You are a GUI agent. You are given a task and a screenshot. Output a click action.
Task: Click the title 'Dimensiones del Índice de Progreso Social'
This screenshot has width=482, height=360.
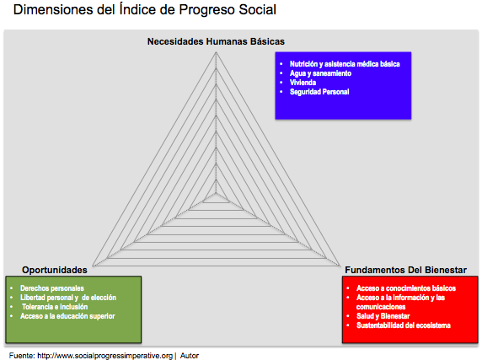coord(145,10)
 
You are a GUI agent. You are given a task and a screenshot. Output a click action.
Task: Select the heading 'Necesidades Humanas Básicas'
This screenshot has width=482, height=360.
coord(216,41)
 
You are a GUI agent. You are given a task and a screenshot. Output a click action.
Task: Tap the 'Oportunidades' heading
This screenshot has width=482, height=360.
coord(55,270)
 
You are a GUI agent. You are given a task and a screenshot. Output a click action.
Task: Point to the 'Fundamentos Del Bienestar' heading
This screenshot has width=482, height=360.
coord(406,270)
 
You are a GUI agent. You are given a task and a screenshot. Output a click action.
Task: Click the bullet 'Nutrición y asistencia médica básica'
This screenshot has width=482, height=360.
coord(345,64)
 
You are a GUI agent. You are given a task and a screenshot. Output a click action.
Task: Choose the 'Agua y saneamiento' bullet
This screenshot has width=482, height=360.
coord(320,73)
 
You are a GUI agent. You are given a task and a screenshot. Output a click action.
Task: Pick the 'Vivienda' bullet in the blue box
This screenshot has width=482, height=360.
coord(303,83)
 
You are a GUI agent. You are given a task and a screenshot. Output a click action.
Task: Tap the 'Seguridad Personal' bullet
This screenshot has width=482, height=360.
coord(319,92)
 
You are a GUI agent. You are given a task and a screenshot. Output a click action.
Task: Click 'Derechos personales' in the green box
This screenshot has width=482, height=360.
coord(52,288)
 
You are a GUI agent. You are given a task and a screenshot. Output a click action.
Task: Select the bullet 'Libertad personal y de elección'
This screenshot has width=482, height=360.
coord(68,298)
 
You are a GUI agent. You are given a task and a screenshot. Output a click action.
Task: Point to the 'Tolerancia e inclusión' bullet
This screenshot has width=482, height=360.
coord(55,307)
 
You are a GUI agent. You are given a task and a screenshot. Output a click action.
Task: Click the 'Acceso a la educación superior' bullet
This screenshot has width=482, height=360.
coord(67,316)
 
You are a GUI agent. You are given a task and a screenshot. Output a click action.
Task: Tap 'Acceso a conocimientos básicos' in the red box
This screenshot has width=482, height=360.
coord(406,288)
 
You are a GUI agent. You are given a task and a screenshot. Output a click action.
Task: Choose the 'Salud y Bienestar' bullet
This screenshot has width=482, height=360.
coord(383,316)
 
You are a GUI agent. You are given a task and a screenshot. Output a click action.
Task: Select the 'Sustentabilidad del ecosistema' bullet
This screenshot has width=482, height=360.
coord(404,325)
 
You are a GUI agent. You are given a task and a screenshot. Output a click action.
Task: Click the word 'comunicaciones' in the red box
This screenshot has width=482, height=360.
coord(381,307)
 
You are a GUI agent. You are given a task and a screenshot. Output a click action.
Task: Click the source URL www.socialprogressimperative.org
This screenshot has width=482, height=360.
coord(104,356)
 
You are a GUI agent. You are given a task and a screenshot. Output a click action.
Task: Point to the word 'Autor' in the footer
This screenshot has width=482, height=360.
coord(190,356)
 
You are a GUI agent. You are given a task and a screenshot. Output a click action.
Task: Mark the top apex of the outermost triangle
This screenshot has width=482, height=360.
coord(216,52)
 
